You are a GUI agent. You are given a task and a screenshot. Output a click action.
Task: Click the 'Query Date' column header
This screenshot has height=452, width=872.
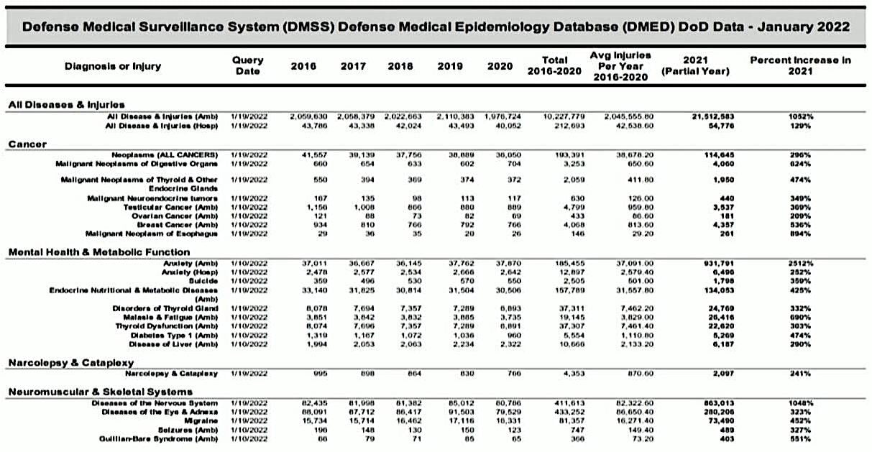pos(248,66)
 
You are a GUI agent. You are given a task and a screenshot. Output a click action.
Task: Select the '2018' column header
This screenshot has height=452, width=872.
pos(400,66)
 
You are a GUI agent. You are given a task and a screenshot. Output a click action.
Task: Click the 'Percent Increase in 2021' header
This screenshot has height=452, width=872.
pos(800,66)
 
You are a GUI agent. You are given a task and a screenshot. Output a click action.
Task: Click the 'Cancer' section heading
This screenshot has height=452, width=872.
pos(27,144)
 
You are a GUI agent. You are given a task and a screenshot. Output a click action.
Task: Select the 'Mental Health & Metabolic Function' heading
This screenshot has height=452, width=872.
pos(99,252)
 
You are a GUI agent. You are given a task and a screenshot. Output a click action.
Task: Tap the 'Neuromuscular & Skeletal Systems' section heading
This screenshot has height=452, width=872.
pos(100,392)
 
